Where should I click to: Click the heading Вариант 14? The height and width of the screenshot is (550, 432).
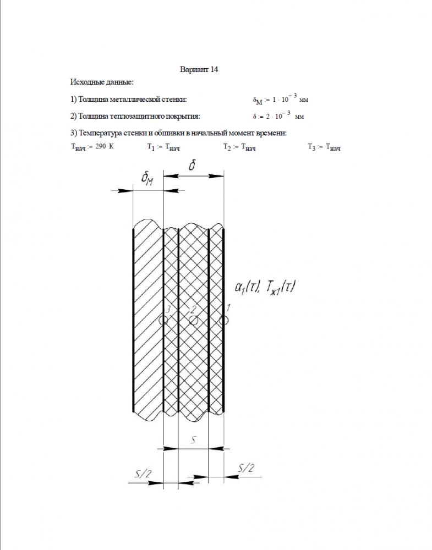click(x=200, y=70)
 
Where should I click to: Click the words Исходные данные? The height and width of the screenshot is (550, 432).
click(x=102, y=82)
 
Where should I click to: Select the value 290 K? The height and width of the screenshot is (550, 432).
click(x=104, y=146)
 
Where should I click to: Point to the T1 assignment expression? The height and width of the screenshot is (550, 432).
click(x=163, y=147)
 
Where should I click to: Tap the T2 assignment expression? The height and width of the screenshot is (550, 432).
click(x=239, y=147)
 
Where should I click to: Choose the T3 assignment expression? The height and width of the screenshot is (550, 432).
click(x=324, y=147)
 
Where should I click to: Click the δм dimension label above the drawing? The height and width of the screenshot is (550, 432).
click(x=147, y=178)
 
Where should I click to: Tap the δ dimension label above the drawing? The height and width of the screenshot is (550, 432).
click(x=192, y=165)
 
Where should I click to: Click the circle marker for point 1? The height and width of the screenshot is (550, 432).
click(x=223, y=320)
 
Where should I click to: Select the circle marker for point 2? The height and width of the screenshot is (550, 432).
click(x=193, y=320)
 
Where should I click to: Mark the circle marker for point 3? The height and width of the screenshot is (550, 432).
click(x=163, y=320)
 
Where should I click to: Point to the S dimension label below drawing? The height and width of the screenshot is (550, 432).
click(x=193, y=439)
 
